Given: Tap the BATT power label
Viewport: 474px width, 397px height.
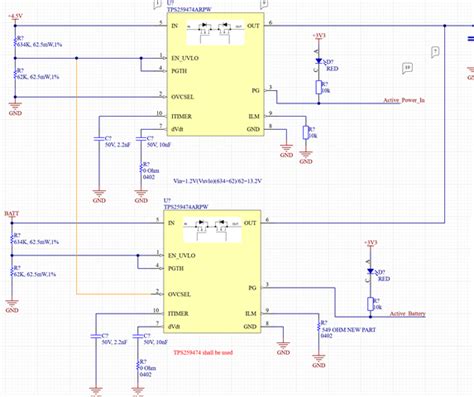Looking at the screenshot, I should click(11, 213).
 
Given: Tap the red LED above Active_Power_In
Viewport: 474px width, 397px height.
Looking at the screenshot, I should click(319, 62).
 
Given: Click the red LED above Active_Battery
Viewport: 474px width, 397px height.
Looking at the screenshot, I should click(371, 270).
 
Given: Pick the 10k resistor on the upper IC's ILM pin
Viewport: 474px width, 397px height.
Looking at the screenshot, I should click(310, 131).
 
